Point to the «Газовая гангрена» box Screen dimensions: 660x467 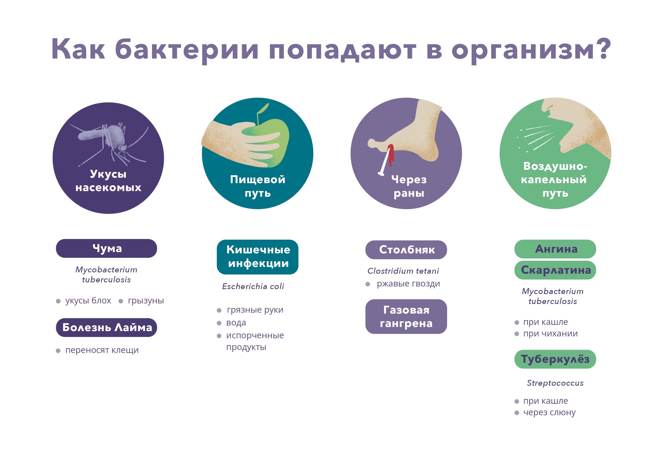pos(406,317)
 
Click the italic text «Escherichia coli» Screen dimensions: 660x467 pos(253,286)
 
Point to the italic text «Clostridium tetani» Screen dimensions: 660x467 pos(403,271)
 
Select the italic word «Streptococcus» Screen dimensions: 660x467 pos(555,383)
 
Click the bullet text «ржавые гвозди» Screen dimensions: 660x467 pos(408,284)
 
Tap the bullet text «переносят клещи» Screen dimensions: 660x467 pos(102,350)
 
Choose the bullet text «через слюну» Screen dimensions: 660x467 pos(549,413)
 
